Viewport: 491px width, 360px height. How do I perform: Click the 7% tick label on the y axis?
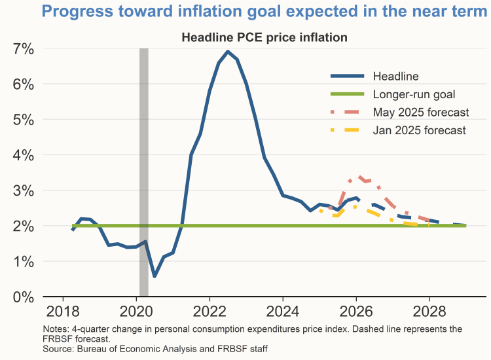pyautogui.click(x=20, y=49)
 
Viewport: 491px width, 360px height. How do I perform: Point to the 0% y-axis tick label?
pyautogui.click(x=19, y=297)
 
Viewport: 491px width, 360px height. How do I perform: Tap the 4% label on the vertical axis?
pyautogui.click(x=19, y=155)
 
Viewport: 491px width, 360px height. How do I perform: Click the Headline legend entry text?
pyautogui.click(x=395, y=77)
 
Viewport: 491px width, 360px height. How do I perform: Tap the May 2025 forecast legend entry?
pyautogui.click(x=420, y=112)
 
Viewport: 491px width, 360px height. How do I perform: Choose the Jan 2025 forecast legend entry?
pyautogui.click(x=419, y=130)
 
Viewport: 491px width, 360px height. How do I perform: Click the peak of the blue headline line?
pyautogui.click(x=227, y=52)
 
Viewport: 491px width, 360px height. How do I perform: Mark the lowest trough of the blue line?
pyautogui.click(x=155, y=276)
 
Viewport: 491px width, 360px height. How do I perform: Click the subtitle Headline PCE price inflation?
pyautogui.click(x=264, y=38)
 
